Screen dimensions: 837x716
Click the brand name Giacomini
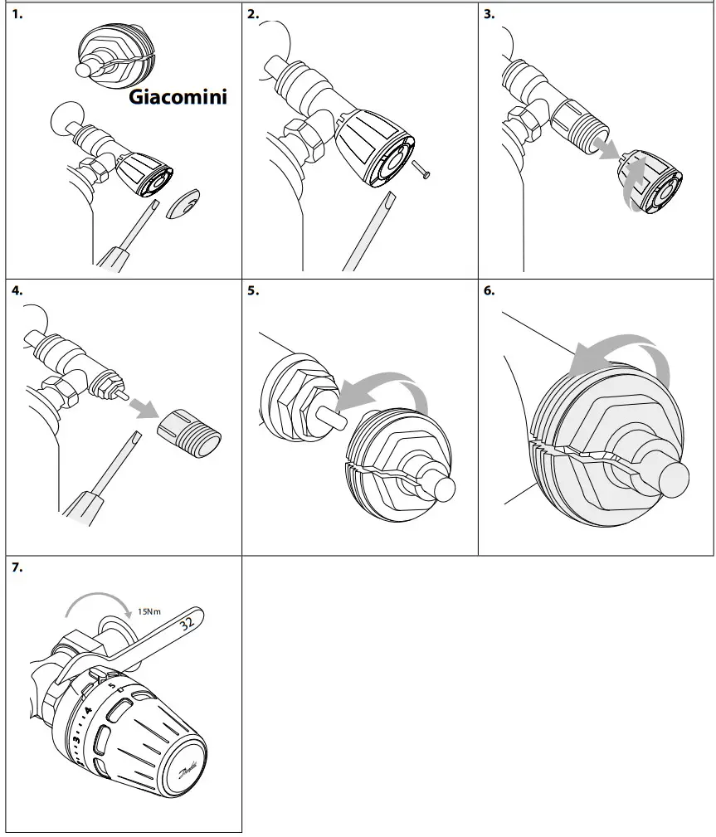(178, 97)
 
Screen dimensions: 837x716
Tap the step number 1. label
(17, 15)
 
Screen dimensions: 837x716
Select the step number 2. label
(254, 15)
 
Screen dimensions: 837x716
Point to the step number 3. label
(490, 15)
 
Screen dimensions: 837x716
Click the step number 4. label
(17, 291)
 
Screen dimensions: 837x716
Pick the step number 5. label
(254, 291)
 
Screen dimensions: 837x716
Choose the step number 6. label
(490, 291)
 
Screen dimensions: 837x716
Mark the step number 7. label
(17, 568)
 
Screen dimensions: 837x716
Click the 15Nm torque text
(149, 612)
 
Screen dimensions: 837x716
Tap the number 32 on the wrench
(187, 621)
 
